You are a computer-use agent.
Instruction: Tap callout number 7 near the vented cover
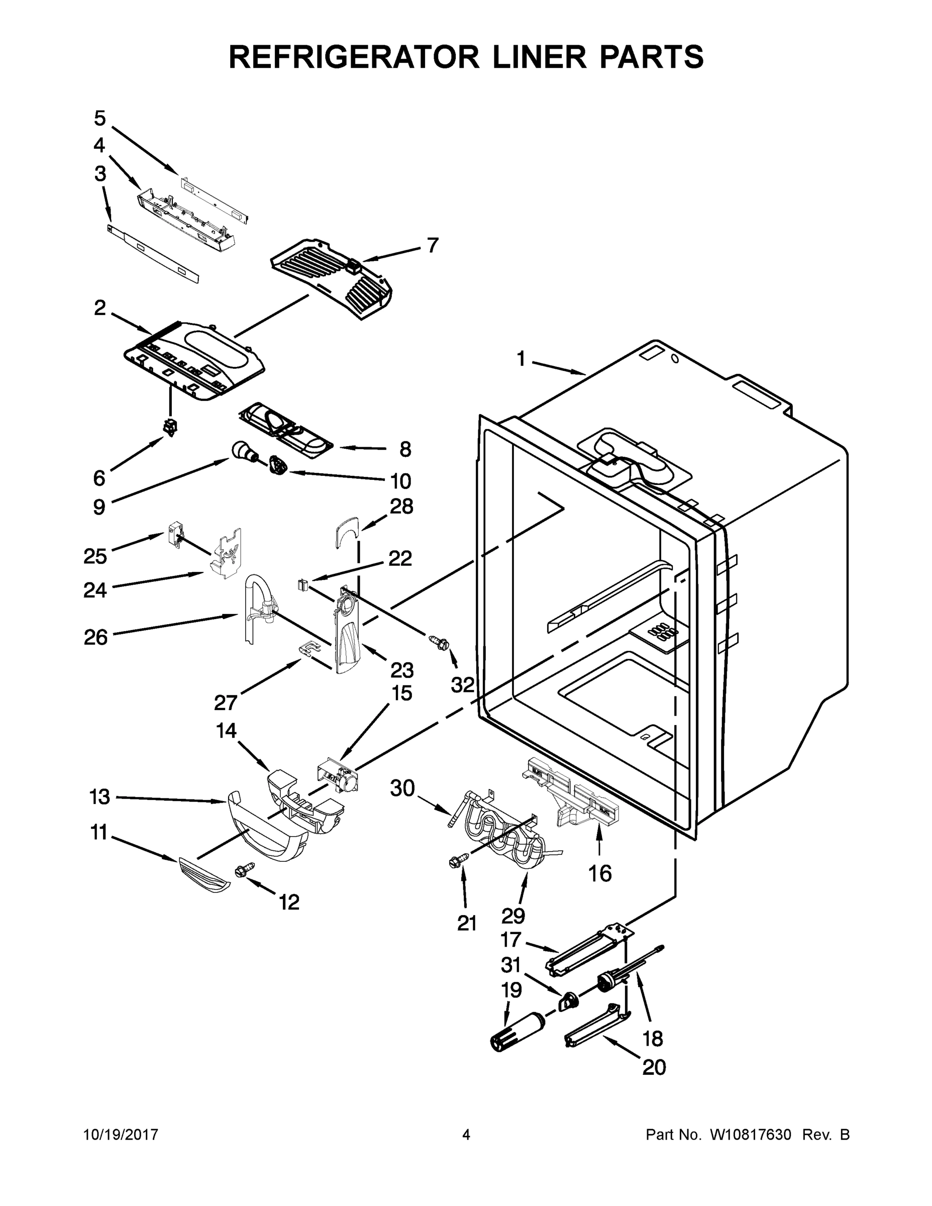pos(432,245)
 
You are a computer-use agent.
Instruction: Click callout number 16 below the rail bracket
pos(599,873)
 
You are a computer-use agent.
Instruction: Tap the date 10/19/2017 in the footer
pos(121,1135)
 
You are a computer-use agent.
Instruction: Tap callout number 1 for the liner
pos(521,359)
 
